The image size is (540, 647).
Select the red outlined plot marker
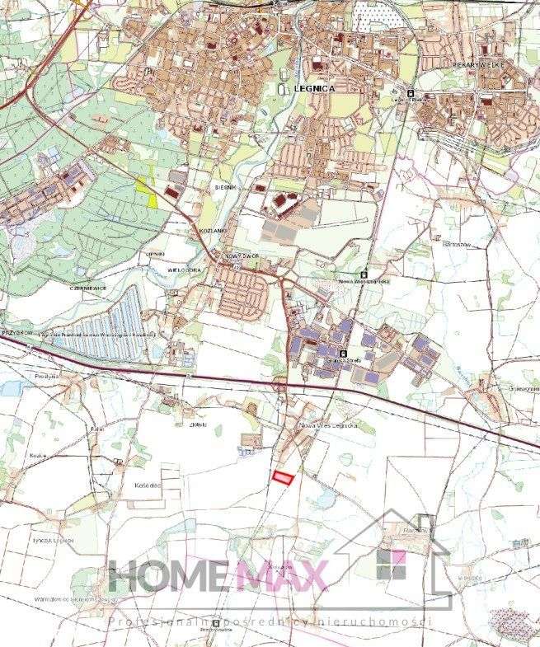(x=283, y=476)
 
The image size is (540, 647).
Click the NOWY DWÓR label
(x=243, y=257)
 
